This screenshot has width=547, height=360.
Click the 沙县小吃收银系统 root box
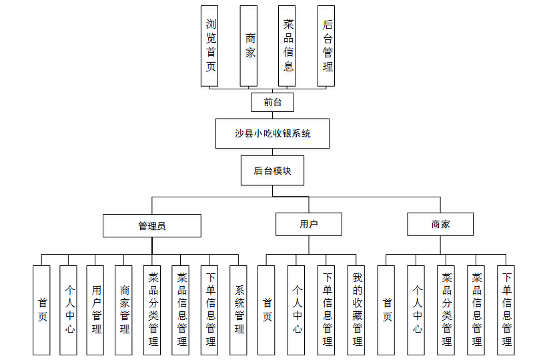click(272, 133)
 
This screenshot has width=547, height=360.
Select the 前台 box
click(272, 102)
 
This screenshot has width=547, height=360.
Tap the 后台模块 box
click(272, 171)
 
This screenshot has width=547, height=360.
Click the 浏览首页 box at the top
click(210, 45)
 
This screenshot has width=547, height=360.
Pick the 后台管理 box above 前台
click(326, 45)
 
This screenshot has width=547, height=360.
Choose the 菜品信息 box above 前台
click(288, 45)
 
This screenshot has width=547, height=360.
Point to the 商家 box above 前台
click(249, 45)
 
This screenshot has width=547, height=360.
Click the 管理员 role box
click(151, 225)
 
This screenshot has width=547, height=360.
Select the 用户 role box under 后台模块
click(309, 224)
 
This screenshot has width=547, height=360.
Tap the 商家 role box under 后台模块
click(440, 224)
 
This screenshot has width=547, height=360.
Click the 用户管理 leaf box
click(95, 309)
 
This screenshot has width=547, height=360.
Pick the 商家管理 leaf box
click(123, 309)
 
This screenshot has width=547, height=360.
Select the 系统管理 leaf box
click(239, 309)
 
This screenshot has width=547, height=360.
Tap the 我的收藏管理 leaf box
click(356, 309)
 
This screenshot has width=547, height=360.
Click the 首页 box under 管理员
click(41, 309)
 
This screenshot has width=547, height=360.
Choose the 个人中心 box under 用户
click(296, 309)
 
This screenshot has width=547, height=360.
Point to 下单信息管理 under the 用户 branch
click(326, 309)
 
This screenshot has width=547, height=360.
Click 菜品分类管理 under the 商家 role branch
click(446, 309)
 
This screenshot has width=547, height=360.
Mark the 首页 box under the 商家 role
click(386, 309)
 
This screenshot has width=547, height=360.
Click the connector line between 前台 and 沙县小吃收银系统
click(272, 115)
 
